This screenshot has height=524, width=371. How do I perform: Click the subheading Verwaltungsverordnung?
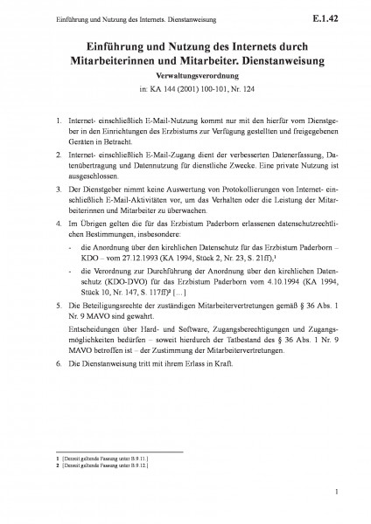(185, 76)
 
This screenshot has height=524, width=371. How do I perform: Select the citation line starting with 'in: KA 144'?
(185, 89)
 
